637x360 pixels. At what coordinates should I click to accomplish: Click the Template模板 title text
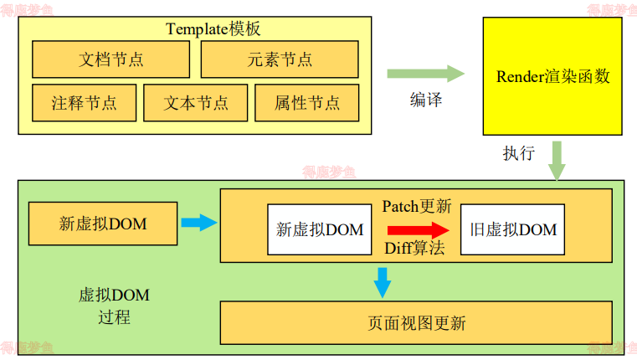tap(213, 29)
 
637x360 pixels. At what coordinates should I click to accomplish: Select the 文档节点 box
tap(110, 59)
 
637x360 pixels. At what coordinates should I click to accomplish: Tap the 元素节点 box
tap(280, 59)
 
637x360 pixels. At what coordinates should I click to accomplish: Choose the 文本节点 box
tap(196, 103)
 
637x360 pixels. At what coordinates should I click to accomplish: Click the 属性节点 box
tap(307, 103)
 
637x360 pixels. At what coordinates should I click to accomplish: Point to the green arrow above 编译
tap(425, 74)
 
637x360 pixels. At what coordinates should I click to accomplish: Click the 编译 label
tap(425, 100)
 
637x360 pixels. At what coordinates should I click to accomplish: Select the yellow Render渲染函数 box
tap(552, 76)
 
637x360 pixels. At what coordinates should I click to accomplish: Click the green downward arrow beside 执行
tap(557, 159)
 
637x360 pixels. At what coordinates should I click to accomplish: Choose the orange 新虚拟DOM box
tap(103, 223)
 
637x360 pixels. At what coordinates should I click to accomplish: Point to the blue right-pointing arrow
tap(198, 223)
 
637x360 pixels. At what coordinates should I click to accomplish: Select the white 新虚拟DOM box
tap(320, 229)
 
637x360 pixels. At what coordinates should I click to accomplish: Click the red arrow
tap(416, 228)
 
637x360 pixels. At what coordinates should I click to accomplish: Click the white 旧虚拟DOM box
tap(513, 229)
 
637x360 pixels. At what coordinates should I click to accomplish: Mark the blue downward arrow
tap(383, 281)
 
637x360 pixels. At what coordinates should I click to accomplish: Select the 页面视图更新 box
tap(416, 322)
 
